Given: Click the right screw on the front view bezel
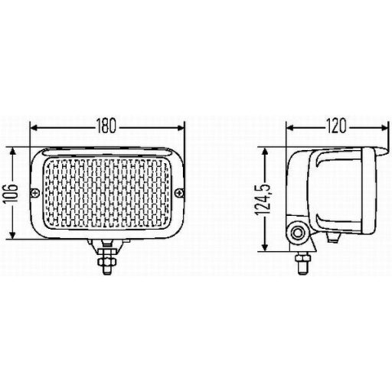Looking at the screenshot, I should click(x=181, y=192).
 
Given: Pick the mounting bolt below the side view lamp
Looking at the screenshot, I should click(x=303, y=260).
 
